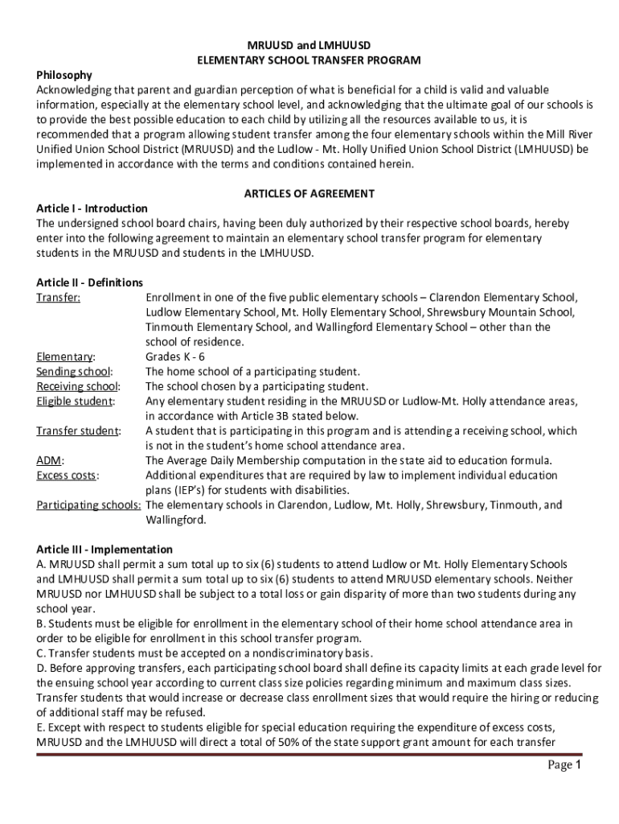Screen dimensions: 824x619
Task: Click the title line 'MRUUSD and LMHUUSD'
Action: (309, 46)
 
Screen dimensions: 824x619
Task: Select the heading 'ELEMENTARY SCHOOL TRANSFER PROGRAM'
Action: (309, 60)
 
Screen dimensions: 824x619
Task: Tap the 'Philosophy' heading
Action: (64, 75)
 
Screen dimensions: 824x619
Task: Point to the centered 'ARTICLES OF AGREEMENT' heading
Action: (309, 194)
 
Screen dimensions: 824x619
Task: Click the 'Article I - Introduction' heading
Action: (92, 208)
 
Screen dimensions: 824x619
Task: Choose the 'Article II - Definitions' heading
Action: (90, 282)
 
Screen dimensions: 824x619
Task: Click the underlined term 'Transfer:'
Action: (59, 298)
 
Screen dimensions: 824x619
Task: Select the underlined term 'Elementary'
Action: (64, 356)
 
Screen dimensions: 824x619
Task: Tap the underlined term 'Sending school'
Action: (73, 372)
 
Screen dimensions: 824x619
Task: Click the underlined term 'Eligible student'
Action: (75, 401)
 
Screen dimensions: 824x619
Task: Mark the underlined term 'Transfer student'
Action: (77, 431)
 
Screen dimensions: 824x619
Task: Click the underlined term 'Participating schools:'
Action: (89, 505)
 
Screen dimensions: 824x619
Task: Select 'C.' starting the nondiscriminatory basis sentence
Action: (42, 653)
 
